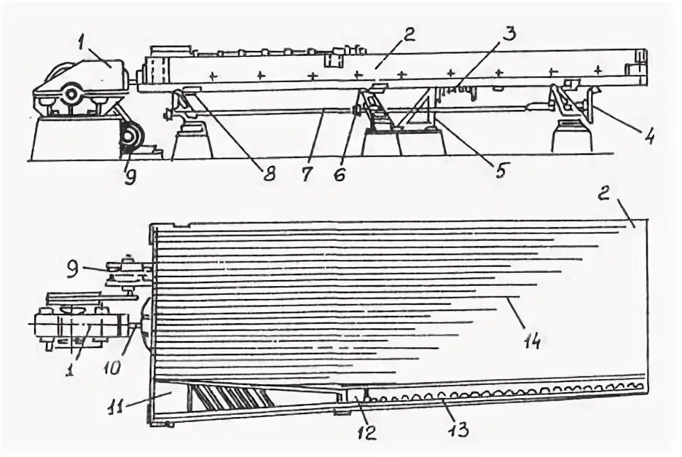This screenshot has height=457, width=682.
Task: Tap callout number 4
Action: click(x=646, y=135)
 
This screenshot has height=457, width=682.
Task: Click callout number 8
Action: click(x=270, y=175)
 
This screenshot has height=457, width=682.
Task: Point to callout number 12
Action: click(x=366, y=433)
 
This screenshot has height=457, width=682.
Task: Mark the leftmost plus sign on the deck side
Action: click(x=213, y=74)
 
